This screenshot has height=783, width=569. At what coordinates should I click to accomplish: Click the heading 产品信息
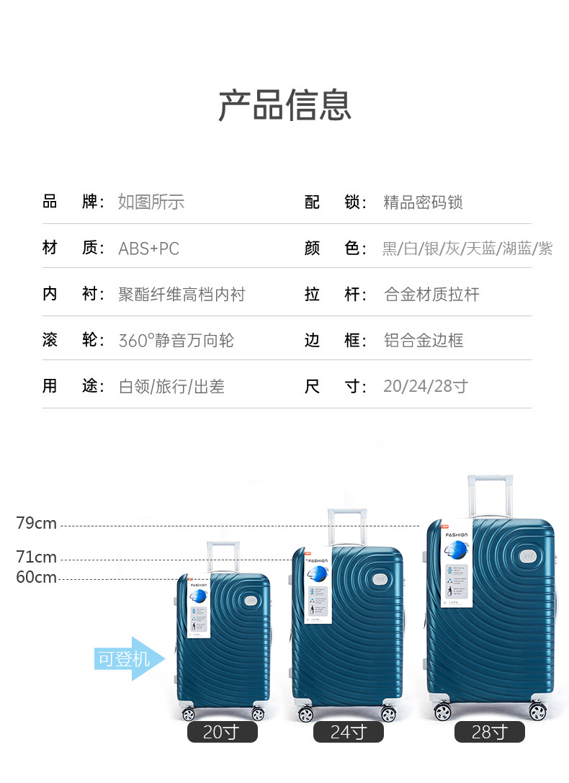click(x=284, y=105)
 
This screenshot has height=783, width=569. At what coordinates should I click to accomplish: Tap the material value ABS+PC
click(x=148, y=249)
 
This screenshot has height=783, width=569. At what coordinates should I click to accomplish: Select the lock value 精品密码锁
click(x=423, y=202)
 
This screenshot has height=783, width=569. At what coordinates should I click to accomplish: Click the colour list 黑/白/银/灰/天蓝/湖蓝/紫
click(x=467, y=249)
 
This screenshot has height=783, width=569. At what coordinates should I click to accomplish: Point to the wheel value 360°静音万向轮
click(x=176, y=340)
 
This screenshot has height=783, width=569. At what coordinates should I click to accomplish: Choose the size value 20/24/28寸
click(x=425, y=386)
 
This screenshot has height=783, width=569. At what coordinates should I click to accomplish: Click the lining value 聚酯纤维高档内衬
click(x=182, y=294)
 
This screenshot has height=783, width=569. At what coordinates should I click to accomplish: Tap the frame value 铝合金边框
click(x=424, y=340)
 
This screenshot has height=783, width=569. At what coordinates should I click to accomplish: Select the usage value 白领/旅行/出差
click(x=171, y=386)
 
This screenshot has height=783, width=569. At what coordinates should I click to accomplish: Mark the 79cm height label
click(x=36, y=524)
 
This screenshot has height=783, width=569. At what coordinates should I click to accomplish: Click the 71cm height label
click(x=36, y=557)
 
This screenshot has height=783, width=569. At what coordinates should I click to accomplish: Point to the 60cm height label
click(x=36, y=577)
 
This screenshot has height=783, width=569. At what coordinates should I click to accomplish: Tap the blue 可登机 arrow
click(x=128, y=658)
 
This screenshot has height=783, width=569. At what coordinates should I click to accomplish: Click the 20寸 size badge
click(x=222, y=732)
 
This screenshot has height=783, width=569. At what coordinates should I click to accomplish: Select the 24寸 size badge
click(x=348, y=732)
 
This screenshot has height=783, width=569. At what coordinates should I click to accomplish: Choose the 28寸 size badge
click(x=489, y=732)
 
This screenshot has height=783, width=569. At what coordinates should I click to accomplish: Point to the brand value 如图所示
click(x=151, y=202)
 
